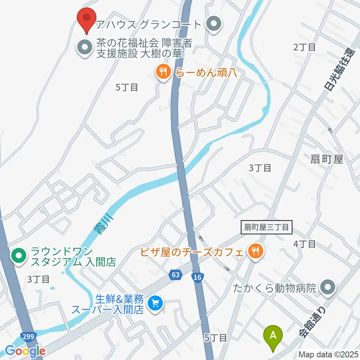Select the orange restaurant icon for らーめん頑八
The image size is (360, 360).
click(x=163, y=71)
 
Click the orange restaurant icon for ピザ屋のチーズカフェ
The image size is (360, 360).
click(x=256, y=251)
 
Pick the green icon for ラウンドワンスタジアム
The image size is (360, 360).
click(x=18, y=256)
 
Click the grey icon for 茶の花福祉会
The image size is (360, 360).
click(x=84, y=48)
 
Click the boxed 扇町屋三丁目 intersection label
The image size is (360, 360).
click(x=266, y=227)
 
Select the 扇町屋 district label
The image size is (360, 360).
click(x=327, y=159)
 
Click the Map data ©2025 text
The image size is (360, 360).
click(x=329, y=354)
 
